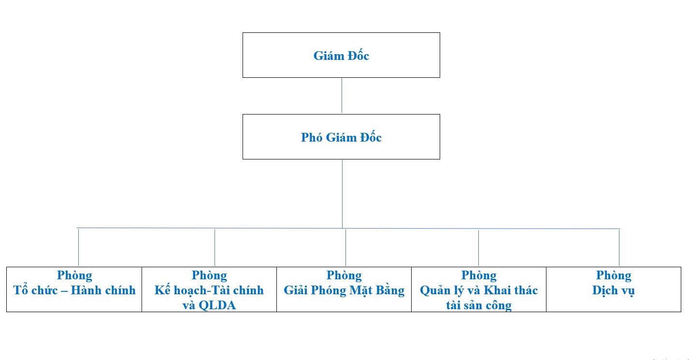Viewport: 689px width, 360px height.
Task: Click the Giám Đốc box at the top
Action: pos(341,55)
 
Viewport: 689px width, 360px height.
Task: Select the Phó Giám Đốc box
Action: pos(341,137)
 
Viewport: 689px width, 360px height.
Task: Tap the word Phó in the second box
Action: pos(312,137)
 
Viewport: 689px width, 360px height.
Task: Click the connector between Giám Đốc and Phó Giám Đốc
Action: pos(342,95)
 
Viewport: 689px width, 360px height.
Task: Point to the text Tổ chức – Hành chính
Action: pos(74,290)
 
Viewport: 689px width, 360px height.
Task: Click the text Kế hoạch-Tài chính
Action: pos(209,290)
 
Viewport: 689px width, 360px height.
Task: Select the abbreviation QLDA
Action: pos(217,305)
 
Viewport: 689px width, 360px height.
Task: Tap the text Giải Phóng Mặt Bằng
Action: pos(344,290)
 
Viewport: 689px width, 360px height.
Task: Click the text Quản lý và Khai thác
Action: pos(479,290)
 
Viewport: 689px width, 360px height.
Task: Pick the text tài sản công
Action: pos(479,305)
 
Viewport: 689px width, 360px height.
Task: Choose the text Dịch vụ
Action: pos(613,290)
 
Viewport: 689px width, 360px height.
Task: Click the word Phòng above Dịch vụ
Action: pos(613,275)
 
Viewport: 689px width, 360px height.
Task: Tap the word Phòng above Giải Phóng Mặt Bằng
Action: pos(344,275)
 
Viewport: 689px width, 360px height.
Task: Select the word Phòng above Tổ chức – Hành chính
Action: pos(74,275)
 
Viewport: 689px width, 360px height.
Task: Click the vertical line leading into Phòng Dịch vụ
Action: pos(619,247)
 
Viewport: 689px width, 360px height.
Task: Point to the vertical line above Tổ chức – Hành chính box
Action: pos(78,247)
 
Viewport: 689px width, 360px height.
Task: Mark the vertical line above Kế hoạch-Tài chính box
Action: pos(215,247)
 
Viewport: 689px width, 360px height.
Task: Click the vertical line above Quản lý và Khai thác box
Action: pos(478,248)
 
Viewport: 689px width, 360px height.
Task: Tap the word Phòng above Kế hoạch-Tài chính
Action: pos(209,275)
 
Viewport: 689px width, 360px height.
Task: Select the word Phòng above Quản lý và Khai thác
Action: pos(479,275)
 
